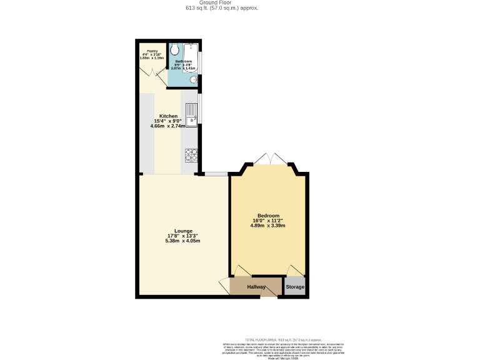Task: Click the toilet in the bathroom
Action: (x=174, y=50)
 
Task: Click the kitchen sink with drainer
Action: (x=192, y=116)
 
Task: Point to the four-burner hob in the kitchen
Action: (x=191, y=154)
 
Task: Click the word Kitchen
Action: (x=168, y=116)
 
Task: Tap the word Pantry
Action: (x=151, y=51)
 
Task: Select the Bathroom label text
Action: (x=183, y=61)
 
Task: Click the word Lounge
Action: (x=183, y=231)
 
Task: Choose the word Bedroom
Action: (x=268, y=216)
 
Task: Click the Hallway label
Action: (x=256, y=287)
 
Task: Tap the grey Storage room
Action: (x=295, y=287)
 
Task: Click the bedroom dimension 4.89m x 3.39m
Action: (x=268, y=226)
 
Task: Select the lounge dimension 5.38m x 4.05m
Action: (x=183, y=241)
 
